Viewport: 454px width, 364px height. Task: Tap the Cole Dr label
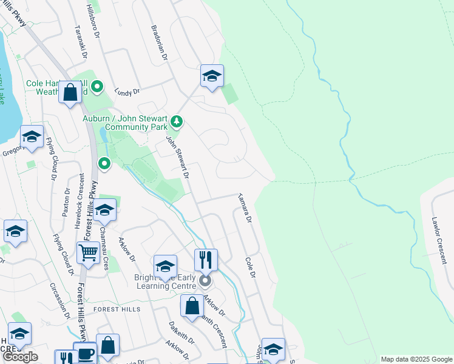coord(249,268)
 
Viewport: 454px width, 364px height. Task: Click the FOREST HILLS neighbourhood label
coord(117,309)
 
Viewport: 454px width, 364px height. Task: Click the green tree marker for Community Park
coord(177,123)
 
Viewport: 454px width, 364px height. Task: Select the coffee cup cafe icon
coord(85,353)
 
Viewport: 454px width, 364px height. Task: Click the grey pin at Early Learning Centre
coord(206,281)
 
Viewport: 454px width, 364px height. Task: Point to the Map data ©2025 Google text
coord(416,359)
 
